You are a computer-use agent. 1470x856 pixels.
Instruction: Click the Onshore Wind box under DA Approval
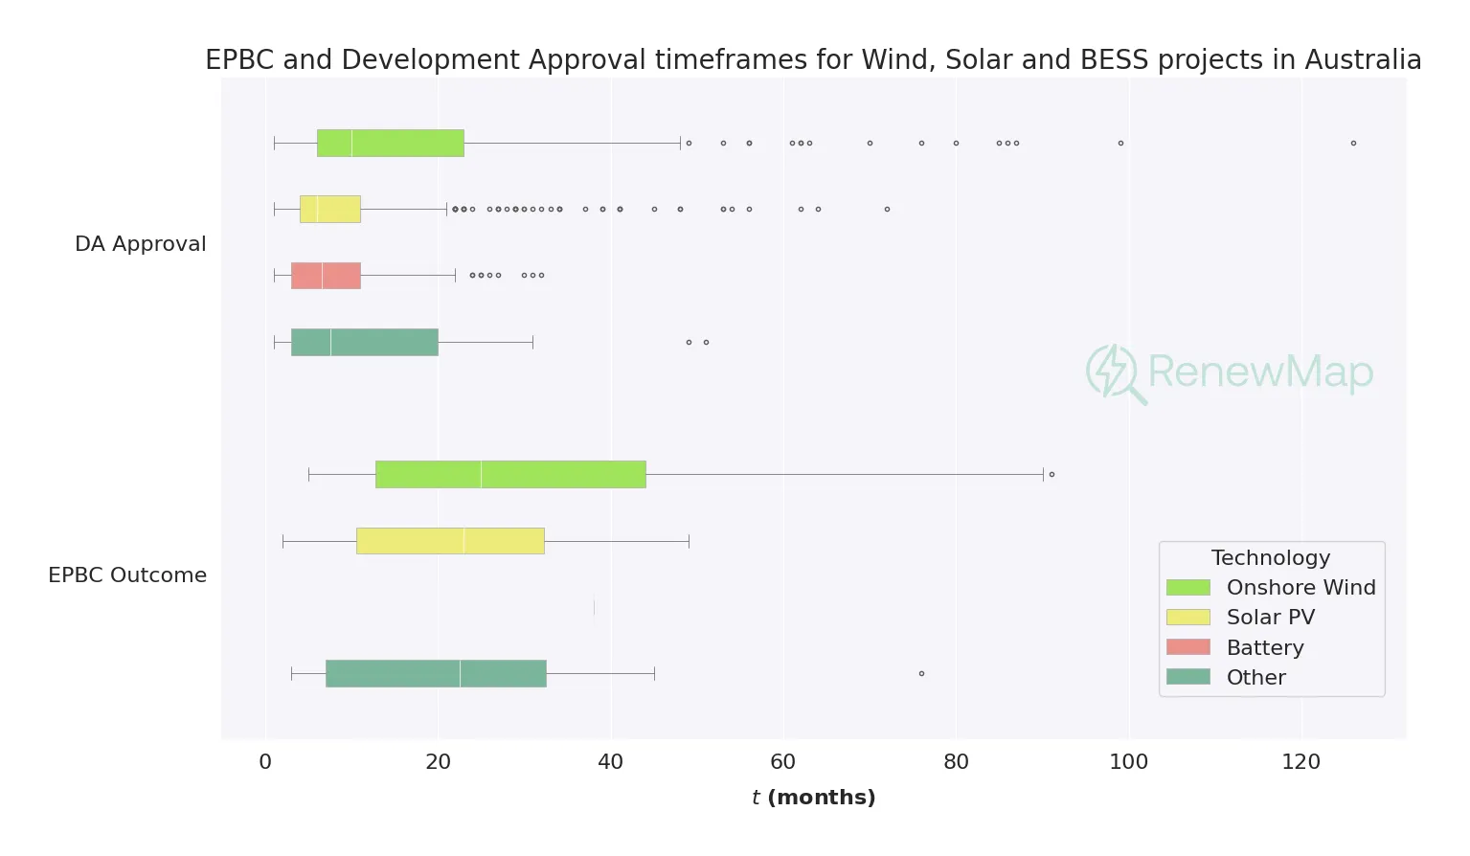(x=390, y=143)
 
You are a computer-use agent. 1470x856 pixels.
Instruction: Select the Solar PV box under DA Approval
(x=329, y=209)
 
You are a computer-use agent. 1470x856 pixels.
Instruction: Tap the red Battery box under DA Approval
(x=326, y=275)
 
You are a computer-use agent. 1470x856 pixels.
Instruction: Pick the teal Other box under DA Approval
(x=364, y=342)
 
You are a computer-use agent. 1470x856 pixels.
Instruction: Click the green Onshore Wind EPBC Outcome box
(x=510, y=474)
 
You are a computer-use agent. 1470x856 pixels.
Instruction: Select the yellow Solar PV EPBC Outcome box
(x=450, y=541)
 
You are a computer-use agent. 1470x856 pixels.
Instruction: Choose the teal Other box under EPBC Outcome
(x=436, y=673)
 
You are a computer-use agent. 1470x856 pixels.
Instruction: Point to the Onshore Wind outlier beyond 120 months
(x=1353, y=143)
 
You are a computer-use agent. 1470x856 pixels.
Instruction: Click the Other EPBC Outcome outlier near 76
(x=921, y=673)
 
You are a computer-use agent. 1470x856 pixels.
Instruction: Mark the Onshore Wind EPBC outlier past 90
(x=1052, y=474)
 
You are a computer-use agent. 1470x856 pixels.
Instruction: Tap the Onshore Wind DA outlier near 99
(x=1120, y=143)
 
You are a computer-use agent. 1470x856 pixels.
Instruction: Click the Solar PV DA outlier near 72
(x=887, y=209)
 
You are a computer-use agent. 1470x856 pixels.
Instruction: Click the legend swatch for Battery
(x=1187, y=647)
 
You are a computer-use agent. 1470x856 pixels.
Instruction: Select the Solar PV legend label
(x=1270, y=618)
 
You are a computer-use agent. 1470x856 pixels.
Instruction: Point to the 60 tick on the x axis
(x=783, y=762)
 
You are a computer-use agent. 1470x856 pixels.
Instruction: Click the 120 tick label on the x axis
(x=1300, y=762)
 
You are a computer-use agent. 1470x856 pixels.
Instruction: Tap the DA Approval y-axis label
(x=140, y=244)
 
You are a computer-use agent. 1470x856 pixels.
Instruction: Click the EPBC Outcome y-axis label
(x=127, y=575)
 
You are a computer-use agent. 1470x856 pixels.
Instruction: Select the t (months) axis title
(x=813, y=798)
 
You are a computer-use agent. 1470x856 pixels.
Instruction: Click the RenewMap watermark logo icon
(x=1114, y=372)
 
